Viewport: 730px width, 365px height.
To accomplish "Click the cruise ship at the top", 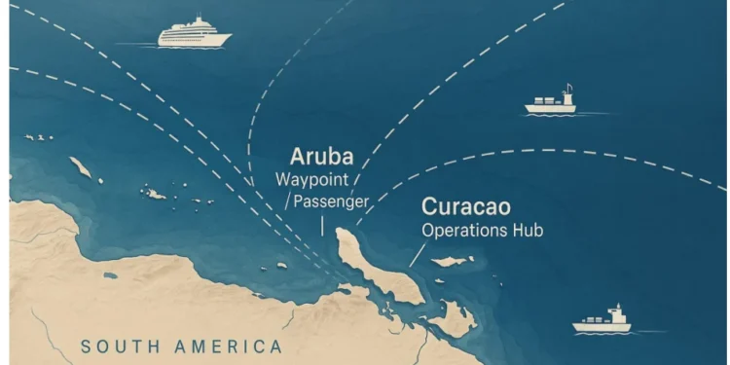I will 195,34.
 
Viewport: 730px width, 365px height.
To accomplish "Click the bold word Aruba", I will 320,157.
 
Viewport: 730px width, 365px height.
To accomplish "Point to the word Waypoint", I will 311,180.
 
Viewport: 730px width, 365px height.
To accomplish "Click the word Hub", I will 526,231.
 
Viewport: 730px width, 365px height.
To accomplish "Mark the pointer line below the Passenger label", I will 322,225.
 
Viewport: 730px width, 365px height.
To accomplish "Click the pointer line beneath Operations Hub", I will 416,254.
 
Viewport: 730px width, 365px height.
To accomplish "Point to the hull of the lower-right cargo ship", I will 602,326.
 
